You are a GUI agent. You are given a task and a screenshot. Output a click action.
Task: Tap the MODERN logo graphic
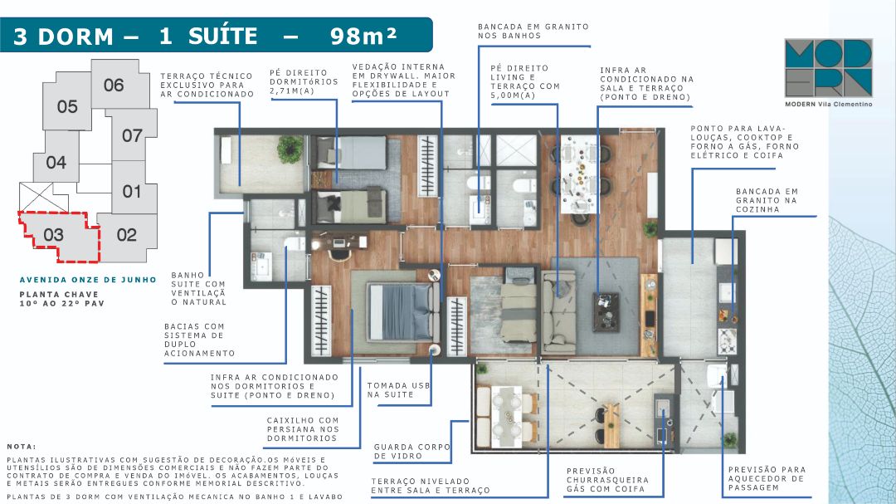829,68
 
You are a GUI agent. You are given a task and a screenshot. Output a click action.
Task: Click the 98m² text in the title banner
363,36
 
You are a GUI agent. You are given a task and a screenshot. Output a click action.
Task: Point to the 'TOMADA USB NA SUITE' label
398,390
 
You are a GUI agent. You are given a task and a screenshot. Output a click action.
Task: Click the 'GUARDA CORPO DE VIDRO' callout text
412,452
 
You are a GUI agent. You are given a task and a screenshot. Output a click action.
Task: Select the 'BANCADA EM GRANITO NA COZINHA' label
767,200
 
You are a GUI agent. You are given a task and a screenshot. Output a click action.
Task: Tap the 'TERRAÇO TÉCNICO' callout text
207,76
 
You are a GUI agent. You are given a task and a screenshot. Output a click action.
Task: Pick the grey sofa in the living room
558,311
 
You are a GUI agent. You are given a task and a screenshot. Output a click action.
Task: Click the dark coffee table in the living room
606,311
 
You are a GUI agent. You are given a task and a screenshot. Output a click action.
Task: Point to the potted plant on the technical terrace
290,149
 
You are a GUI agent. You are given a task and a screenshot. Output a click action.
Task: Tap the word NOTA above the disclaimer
22,446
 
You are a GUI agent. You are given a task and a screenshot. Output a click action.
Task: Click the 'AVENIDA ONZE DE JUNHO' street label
88,280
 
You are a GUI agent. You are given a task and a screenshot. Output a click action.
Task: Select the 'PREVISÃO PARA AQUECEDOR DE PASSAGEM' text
767,479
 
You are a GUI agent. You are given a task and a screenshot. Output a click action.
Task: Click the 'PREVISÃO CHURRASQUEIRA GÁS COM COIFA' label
607,480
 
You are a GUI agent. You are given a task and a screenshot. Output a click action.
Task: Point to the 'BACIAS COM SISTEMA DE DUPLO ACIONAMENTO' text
199,340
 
